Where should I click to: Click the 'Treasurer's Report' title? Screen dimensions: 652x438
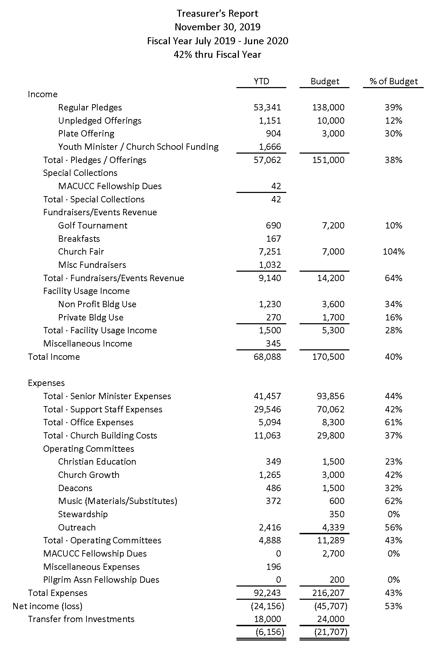click(217, 14)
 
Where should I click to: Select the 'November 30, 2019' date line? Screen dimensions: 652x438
click(217, 27)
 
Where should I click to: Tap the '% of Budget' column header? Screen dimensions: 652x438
click(393, 81)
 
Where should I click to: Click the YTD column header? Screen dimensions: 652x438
click(261, 81)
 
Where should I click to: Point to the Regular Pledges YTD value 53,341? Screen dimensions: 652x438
click(267, 108)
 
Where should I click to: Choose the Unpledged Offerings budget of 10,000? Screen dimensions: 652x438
click(328, 121)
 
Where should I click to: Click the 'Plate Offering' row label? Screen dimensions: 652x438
click(86, 134)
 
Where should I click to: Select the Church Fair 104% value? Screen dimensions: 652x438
click(393, 252)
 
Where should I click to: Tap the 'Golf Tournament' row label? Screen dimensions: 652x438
click(92, 226)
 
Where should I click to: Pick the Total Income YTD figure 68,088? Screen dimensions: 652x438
click(267, 357)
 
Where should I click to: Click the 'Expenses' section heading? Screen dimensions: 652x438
click(46, 383)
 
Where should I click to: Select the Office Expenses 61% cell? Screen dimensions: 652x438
click(393, 422)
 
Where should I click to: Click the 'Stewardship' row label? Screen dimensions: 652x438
click(83, 514)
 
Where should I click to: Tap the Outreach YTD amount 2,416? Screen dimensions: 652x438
click(270, 528)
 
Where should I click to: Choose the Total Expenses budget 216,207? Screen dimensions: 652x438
click(328, 593)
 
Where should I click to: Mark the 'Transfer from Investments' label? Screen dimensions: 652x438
click(81, 619)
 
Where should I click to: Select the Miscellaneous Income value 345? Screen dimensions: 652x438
click(273, 344)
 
